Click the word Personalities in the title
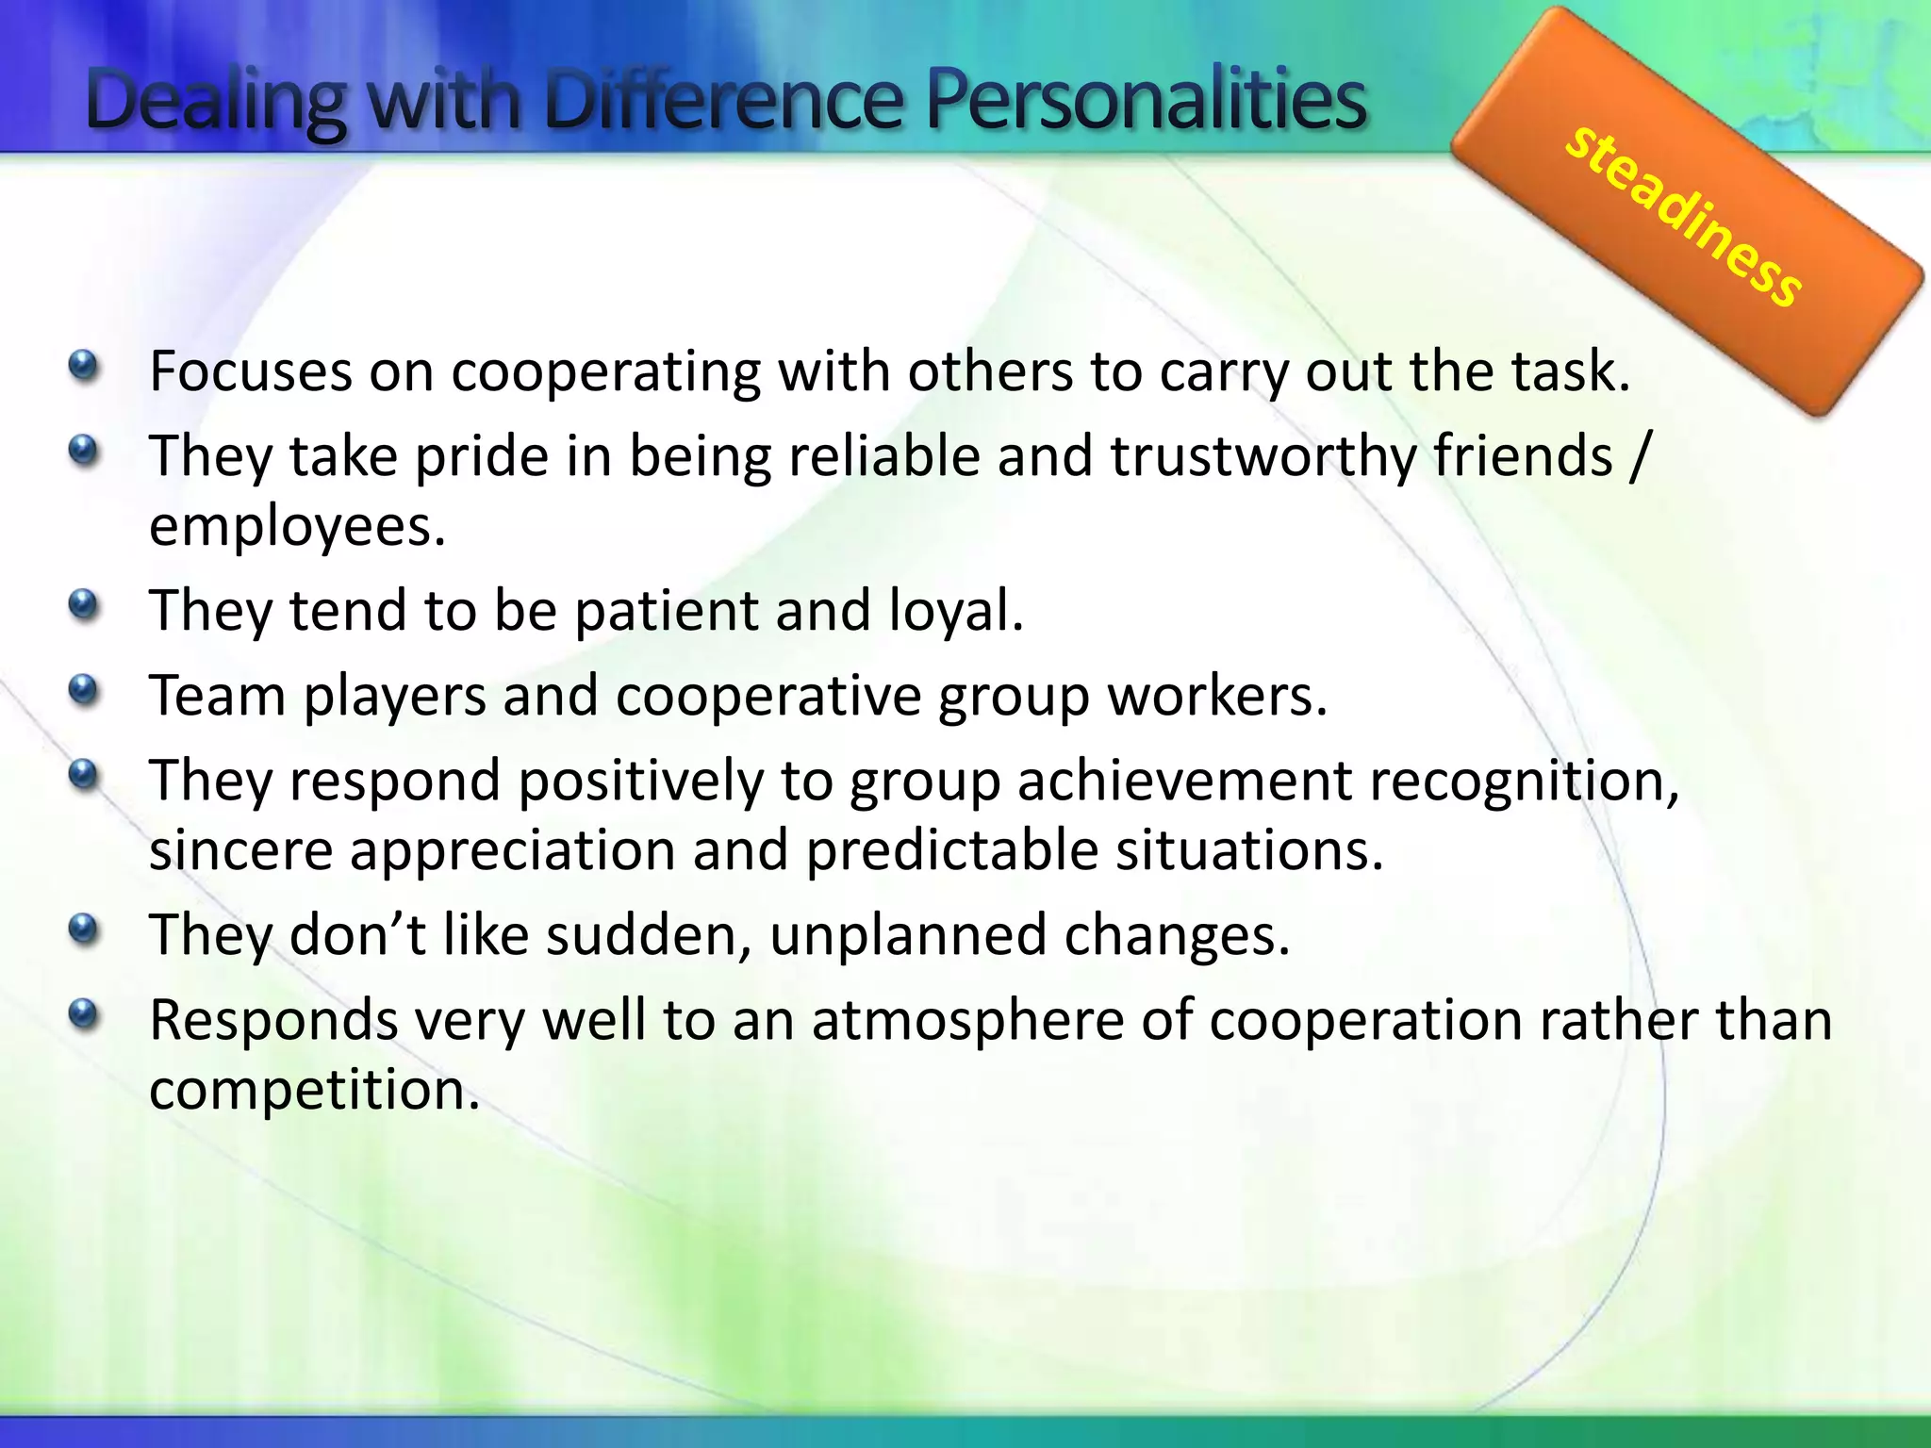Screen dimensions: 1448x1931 [1146, 101]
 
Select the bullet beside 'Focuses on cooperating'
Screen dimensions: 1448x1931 [84, 366]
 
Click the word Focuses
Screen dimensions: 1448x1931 [251, 371]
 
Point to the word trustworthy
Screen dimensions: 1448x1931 [1263, 456]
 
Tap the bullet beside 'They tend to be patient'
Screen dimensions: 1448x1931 [84, 604]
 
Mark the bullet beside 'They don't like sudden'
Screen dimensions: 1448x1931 [84, 930]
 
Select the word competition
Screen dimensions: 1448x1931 [314, 1091]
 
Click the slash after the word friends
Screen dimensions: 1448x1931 [1638, 456]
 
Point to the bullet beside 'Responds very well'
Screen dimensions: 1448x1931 [84, 1014]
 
